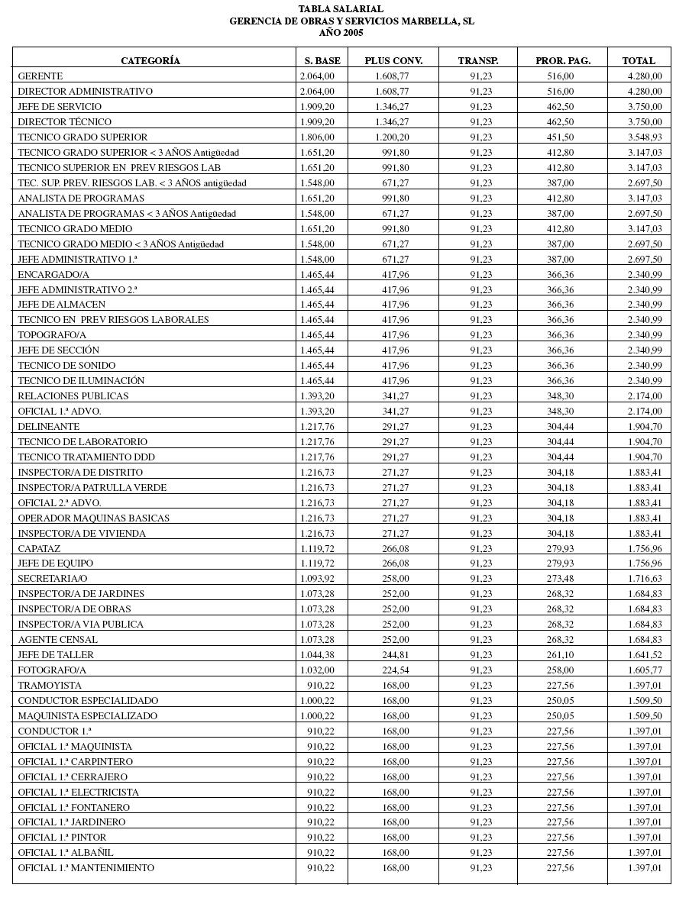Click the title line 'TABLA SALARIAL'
point(341,9)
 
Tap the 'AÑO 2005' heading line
point(341,33)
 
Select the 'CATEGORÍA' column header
point(150,60)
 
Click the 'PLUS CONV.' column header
point(393,60)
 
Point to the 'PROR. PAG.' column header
point(563,60)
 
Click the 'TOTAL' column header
point(639,60)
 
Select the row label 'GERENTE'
point(40,76)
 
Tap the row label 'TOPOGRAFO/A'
point(52,334)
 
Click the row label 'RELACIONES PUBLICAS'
point(73,395)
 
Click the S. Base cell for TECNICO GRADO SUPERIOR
point(317,137)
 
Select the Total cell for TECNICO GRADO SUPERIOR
point(645,137)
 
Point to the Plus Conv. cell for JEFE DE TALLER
point(396,654)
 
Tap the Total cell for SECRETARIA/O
point(645,578)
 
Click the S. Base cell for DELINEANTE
point(317,426)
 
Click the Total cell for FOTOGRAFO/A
point(645,670)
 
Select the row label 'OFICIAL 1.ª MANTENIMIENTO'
point(86,867)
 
